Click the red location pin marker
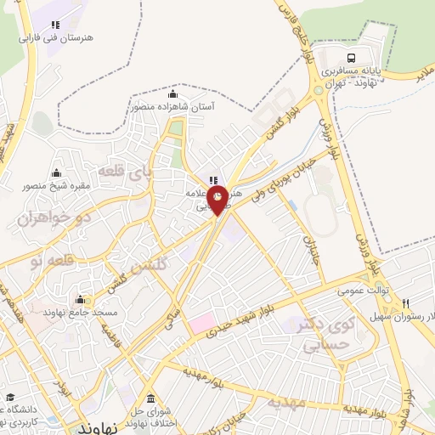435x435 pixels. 219,198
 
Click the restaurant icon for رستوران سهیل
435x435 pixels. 407,304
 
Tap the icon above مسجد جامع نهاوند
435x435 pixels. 80,299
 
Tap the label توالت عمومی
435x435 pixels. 364,291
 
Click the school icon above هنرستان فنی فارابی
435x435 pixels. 55,25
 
